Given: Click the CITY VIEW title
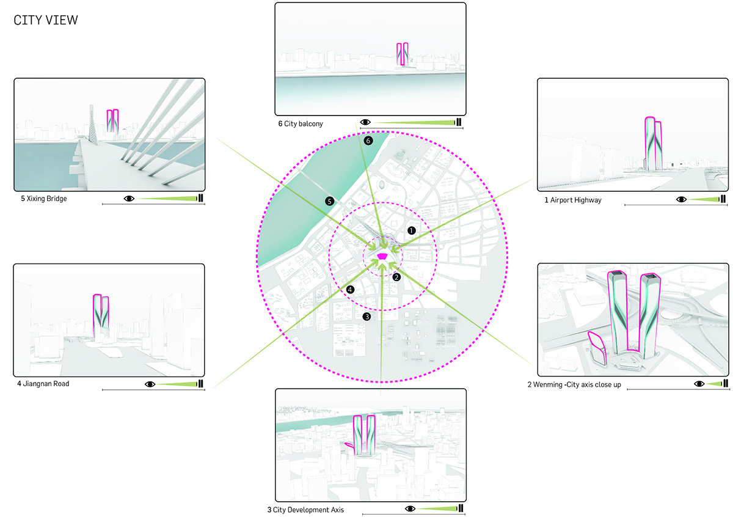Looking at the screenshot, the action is [46, 20].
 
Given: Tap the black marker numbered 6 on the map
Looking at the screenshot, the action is [368, 141].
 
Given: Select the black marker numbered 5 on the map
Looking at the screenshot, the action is [329, 201].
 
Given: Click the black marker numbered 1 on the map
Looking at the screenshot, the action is [411, 230].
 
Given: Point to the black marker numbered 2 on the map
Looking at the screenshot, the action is [396, 277].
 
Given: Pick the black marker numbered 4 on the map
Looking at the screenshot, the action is [350, 290].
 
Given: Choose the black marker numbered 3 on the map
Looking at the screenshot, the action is [367, 317].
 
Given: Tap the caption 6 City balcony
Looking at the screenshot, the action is [301, 124].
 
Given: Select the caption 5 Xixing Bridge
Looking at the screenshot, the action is [44, 199].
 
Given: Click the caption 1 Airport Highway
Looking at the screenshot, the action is [573, 200].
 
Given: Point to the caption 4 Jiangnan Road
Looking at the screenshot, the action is [43, 383].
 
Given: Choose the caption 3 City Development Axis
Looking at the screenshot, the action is [305, 510].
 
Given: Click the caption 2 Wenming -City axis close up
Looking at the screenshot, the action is [574, 384].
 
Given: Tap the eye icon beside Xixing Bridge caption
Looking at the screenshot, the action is [129, 199].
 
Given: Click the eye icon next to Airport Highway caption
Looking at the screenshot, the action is [681, 199].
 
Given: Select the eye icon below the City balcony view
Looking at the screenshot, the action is [365, 122].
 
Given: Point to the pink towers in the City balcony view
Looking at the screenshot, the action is [402, 54].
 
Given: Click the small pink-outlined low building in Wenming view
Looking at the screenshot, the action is [597, 348].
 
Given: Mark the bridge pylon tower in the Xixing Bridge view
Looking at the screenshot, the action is [93, 125].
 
